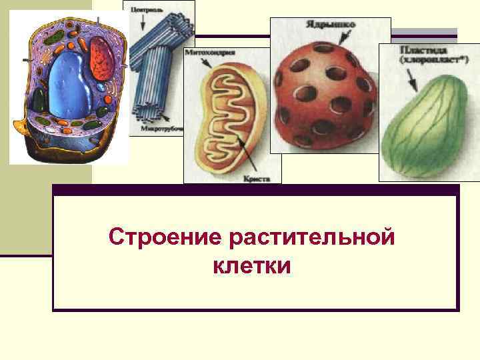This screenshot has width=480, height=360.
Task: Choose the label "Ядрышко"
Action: (331, 25)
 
